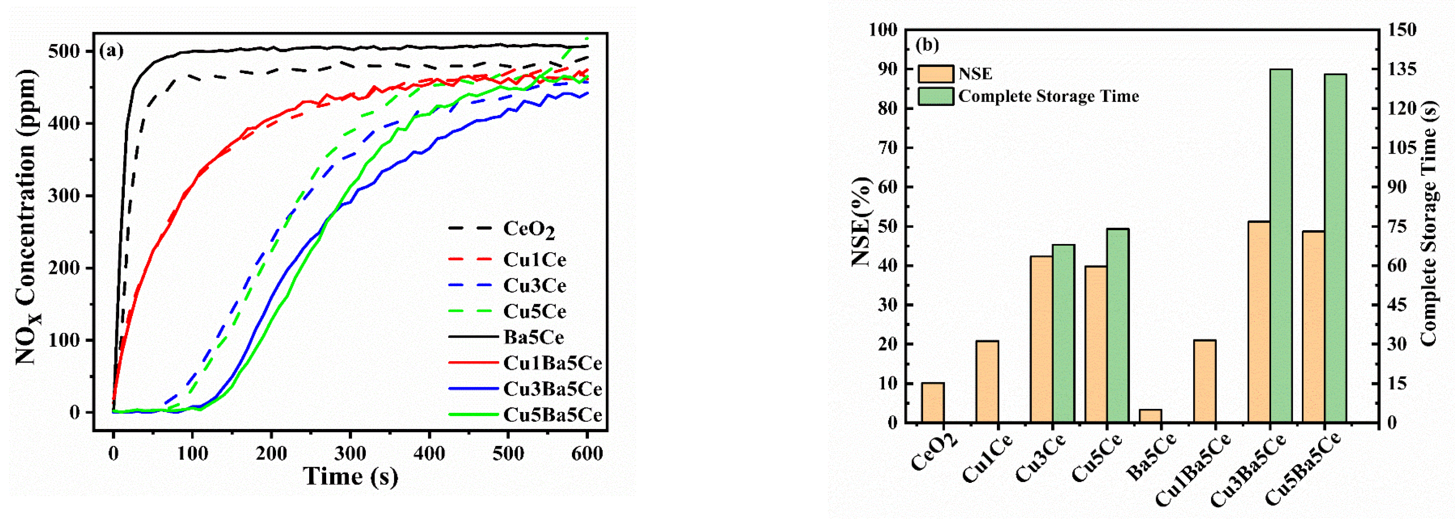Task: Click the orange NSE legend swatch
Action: click(935, 74)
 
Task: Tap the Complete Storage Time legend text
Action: click(1048, 96)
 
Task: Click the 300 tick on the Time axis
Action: click(350, 453)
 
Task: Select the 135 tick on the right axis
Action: click(1403, 69)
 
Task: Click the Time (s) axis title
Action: click(351, 477)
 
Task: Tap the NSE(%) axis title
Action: click(862, 221)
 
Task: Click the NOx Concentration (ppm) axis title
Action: click(26, 217)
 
